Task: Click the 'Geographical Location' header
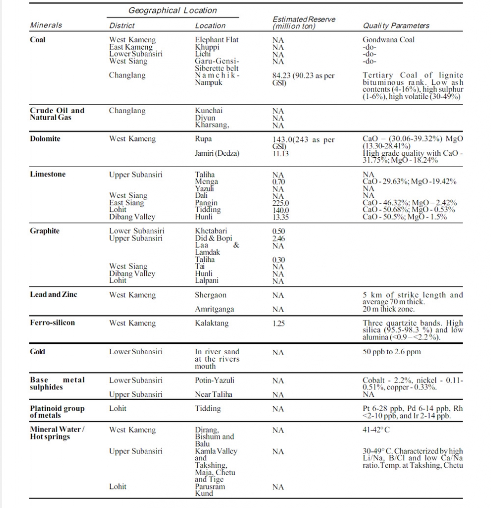coord(172,10)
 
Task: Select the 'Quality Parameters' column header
coord(396,25)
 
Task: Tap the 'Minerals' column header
coord(46,25)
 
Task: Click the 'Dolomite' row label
coord(45,139)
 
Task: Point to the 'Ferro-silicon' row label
coord(53,323)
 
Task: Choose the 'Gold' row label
coord(38,352)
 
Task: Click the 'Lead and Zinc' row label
coord(54,295)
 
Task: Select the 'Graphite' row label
coord(45,231)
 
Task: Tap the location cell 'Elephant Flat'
coord(217,40)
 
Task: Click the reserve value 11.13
coord(281,154)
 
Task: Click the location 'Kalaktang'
coord(212,323)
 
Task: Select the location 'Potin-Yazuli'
coord(215,381)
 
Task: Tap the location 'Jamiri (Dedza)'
coord(217,154)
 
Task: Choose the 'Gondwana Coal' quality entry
coord(388,40)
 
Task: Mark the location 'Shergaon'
coord(211,295)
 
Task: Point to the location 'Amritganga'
coord(214,309)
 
